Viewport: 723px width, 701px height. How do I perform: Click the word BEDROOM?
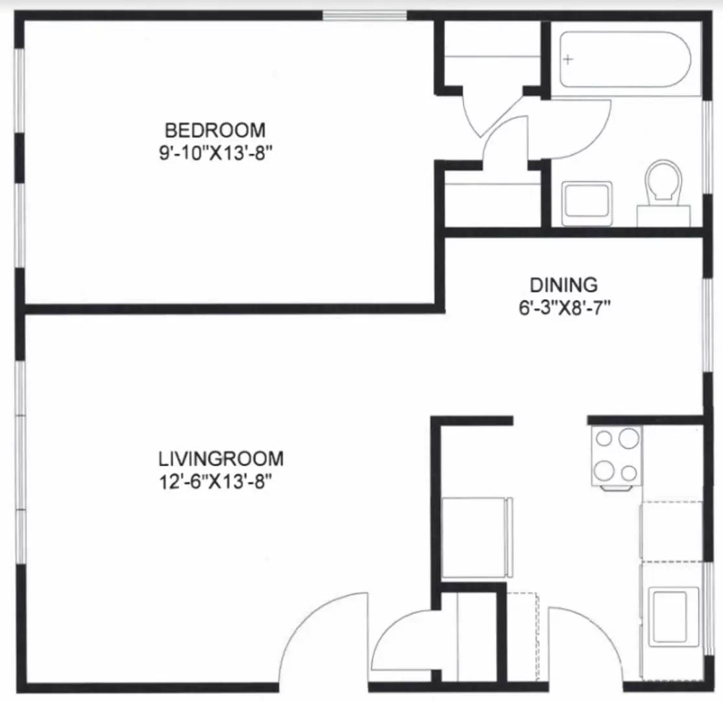(x=215, y=130)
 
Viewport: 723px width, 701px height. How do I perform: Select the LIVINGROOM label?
(x=221, y=459)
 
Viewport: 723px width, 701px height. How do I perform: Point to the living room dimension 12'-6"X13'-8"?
(x=221, y=483)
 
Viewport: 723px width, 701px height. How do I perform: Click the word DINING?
(x=563, y=285)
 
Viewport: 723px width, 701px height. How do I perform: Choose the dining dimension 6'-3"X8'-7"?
(x=563, y=307)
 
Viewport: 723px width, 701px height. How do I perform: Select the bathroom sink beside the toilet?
(x=587, y=201)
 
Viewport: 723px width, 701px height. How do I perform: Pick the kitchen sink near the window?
(x=674, y=607)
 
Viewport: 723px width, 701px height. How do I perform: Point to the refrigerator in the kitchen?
(x=474, y=537)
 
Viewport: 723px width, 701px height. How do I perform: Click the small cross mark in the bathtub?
(x=569, y=60)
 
